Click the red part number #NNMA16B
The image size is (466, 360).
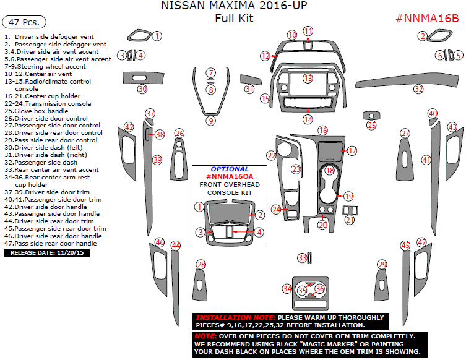[427, 18]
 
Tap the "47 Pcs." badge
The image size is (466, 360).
[24, 22]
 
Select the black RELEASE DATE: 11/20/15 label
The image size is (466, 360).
[47, 252]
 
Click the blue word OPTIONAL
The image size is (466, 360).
[230, 169]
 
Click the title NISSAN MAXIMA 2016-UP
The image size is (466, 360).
[233, 6]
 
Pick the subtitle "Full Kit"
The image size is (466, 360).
[234, 19]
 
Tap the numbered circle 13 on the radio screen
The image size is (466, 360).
[308, 79]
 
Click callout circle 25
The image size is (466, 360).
[371, 126]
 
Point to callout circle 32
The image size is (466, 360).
[419, 89]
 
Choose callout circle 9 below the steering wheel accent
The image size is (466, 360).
[211, 121]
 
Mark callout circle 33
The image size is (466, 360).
[302, 257]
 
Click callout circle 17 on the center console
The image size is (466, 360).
[352, 151]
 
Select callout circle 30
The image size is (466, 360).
[142, 89]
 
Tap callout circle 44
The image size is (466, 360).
[176, 246]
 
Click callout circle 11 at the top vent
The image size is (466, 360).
[308, 31]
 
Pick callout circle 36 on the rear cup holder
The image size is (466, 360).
[319, 288]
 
